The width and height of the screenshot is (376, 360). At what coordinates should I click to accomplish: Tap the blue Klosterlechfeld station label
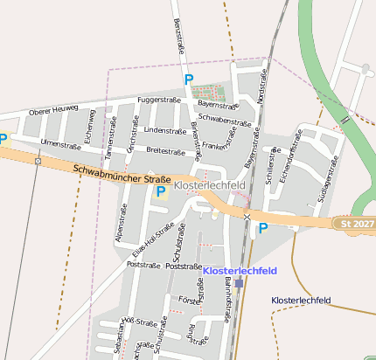tap(240, 271)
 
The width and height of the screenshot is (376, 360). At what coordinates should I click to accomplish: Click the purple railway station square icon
tap(240, 283)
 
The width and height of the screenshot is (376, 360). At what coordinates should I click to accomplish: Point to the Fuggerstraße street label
tap(158, 100)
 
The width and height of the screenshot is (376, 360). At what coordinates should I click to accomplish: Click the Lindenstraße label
tap(165, 130)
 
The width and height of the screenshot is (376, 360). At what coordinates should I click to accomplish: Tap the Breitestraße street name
tap(165, 151)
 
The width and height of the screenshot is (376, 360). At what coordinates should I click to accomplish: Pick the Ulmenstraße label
tap(60, 143)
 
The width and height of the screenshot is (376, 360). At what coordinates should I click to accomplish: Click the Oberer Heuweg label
tap(53, 111)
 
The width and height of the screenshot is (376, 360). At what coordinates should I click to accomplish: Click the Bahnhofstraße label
tap(229, 306)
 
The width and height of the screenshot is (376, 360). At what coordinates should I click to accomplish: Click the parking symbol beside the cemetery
tap(188, 80)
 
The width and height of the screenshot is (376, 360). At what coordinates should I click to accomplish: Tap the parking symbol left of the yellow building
tap(160, 190)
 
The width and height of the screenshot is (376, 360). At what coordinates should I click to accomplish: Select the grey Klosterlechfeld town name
tap(210, 186)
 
